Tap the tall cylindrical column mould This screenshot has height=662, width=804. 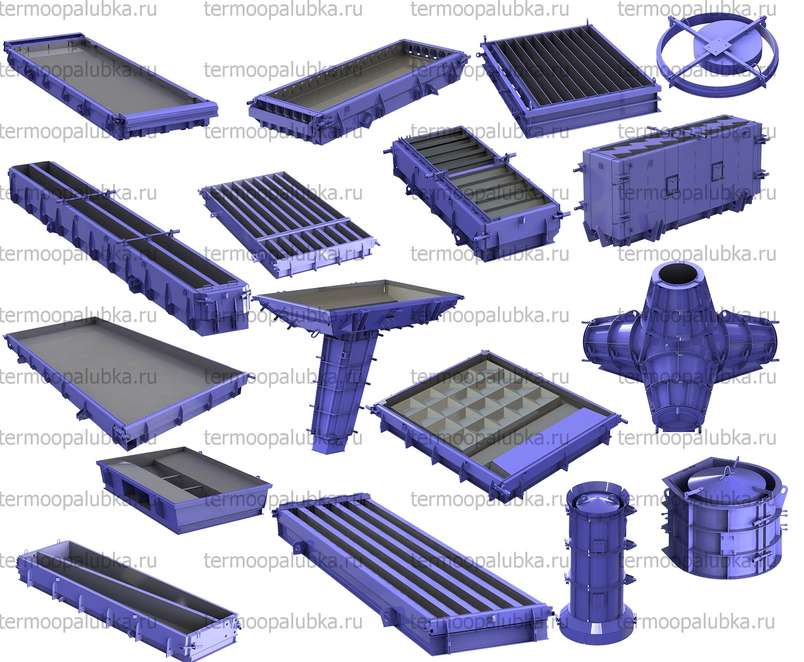pyautogui.click(x=598, y=563)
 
